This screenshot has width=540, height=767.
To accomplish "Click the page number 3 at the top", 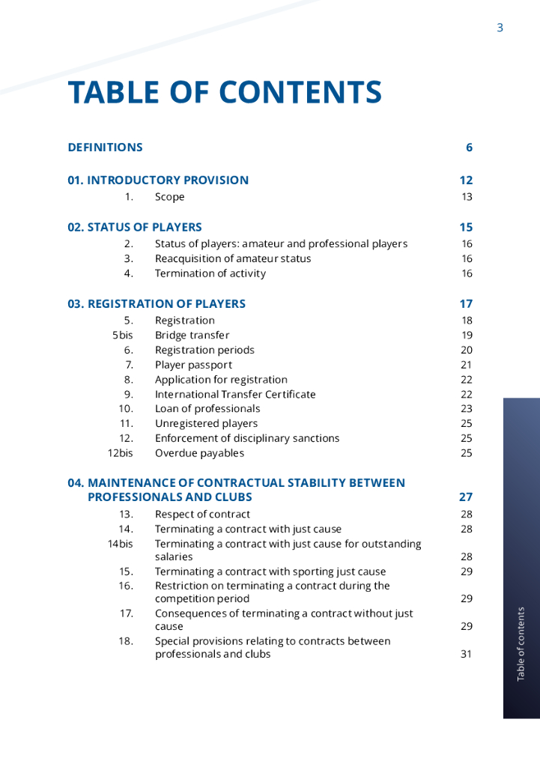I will [x=500, y=28].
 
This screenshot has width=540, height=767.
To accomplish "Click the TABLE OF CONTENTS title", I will [x=225, y=92].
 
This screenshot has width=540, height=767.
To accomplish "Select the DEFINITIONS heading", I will [x=105, y=148].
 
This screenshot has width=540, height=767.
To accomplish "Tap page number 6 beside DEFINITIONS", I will [x=469, y=148].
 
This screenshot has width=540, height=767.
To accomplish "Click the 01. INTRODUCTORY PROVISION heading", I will [x=158, y=181].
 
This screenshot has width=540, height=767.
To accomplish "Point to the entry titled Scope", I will [x=169, y=197].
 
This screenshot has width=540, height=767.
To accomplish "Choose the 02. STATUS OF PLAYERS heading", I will [x=135, y=228].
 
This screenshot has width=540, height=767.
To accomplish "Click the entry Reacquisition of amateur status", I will [x=232, y=258].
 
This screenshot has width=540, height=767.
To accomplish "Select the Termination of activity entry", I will [x=210, y=273].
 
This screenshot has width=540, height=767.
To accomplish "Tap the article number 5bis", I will [x=122, y=335].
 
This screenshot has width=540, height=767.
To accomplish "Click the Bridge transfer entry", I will [x=192, y=335].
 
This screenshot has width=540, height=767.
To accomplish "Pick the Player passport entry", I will [x=193, y=365].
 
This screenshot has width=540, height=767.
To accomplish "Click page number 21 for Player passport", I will [x=467, y=365].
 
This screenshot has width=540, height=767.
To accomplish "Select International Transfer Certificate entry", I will [x=235, y=394].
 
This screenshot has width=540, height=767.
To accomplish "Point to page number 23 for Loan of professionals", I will [x=467, y=409].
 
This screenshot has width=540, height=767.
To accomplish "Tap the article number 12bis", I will [x=120, y=453].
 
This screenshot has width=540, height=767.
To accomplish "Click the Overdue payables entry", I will [x=199, y=453].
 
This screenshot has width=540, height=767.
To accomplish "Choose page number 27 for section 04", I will [x=466, y=497].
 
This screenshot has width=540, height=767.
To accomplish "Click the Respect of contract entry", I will [x=202, y=515].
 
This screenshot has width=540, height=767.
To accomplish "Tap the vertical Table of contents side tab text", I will [x=521, y=644].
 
